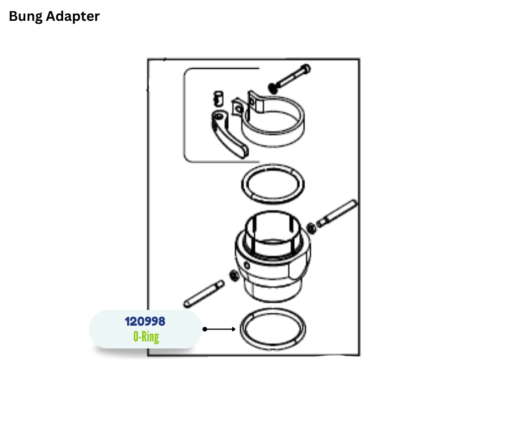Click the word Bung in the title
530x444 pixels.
click(x=25, y=16)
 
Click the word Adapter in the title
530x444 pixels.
click(x=73, y=16)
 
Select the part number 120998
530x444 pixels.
click(x=145, y=321)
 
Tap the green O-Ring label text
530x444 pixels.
click(x=146, y=336)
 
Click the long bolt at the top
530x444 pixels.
click(x=289, y=78)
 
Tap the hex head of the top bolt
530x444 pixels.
click(x=306, y=69)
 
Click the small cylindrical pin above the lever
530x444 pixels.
click(x=219, y=99)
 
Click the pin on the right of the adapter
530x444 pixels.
click(x=337, y=214)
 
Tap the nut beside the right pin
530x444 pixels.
click(x=311, y=228)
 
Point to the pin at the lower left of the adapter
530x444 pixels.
click(x=204, y=294)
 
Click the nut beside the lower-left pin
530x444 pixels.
click(x=233, y=276)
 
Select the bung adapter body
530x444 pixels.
click(x=272, y=257)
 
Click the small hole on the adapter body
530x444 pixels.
click(x=247, y=265)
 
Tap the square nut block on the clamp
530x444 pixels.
click(x=238, y=108)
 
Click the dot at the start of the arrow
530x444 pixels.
click(x=205, y=329)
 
